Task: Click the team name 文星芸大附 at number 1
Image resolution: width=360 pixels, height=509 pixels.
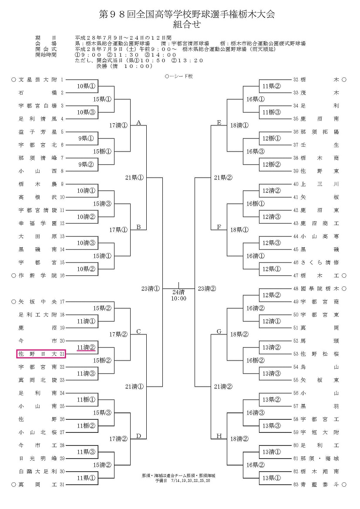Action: tap(38, 80)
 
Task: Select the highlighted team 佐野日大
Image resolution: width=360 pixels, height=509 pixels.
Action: tap(38, 354)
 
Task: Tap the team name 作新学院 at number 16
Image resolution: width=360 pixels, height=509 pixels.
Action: tap(38, 276)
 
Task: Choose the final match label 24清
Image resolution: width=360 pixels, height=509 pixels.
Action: tap(178, 292)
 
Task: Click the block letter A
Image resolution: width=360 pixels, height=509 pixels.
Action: tap(138, 123)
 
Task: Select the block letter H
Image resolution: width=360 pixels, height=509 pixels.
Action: tap(219, 436)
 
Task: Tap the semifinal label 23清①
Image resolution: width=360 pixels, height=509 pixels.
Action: tap(151, 289)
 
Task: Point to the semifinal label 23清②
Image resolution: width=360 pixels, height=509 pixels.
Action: tap(207, 289)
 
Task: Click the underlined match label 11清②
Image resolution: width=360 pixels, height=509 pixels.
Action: tap(86, 347)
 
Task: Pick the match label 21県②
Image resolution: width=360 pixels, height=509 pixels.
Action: tap(223, 178)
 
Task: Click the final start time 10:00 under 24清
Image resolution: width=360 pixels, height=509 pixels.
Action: tap(178, 298)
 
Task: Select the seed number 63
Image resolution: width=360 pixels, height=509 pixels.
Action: tap(296, 485)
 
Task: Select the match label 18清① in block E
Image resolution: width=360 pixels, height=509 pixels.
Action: tap(239, 125)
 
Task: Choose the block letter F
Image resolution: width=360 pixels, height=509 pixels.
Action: tap(219, 227)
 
